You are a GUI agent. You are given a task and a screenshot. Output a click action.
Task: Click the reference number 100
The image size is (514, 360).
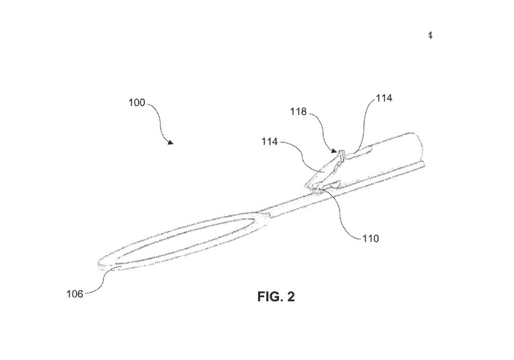pos(137,102)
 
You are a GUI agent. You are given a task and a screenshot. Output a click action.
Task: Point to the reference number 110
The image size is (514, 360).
pos(370,239)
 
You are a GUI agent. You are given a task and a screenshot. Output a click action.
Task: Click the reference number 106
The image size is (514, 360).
pos(76,293)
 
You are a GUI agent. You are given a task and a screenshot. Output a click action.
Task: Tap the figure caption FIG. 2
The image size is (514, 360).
pos(276,297)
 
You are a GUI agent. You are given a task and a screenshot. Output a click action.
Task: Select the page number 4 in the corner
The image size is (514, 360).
pos(430,35)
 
